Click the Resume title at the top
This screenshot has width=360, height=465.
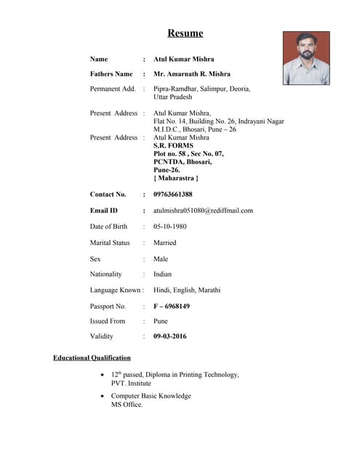click(185, 33)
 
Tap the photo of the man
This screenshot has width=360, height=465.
click(306, 58)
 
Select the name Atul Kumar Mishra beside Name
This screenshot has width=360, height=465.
click(184, 59)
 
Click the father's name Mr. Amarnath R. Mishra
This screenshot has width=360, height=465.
click(192, 74)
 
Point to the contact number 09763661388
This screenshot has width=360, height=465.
click(173, 195)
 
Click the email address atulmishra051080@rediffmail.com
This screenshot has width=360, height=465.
click(203, 211)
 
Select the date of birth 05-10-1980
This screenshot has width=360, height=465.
click(170, 227)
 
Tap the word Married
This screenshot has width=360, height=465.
click(165, 243)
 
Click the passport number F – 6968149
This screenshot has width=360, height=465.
click(172, 307)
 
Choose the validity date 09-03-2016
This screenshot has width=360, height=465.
click(170, 337)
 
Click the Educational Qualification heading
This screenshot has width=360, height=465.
click(92, 358)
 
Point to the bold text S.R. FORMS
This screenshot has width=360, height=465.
click(174, 146)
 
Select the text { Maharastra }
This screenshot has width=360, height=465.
click(176, 178)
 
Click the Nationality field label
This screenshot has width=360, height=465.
click(106, 275)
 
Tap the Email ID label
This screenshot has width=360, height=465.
click(104, 211)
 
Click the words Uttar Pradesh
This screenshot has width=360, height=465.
click(175, 97)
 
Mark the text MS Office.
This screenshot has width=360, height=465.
click(127, 405)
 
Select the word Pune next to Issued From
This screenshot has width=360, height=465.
click(161, 321)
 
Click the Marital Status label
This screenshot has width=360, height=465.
click(110, 243)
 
